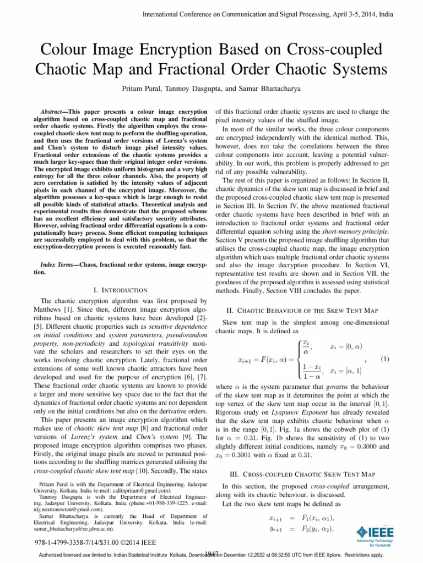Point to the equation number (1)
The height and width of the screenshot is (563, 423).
point(386,359)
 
